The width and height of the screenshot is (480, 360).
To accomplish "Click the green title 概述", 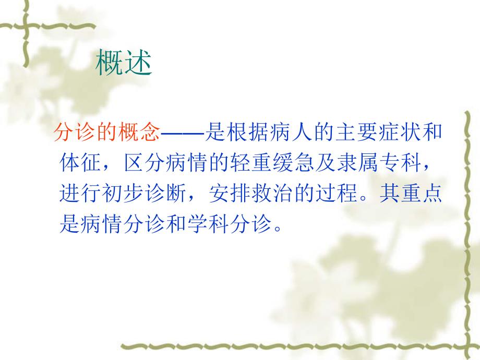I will click(x=124, y=64).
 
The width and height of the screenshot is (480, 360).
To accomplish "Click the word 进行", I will click(x=81, y=194).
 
